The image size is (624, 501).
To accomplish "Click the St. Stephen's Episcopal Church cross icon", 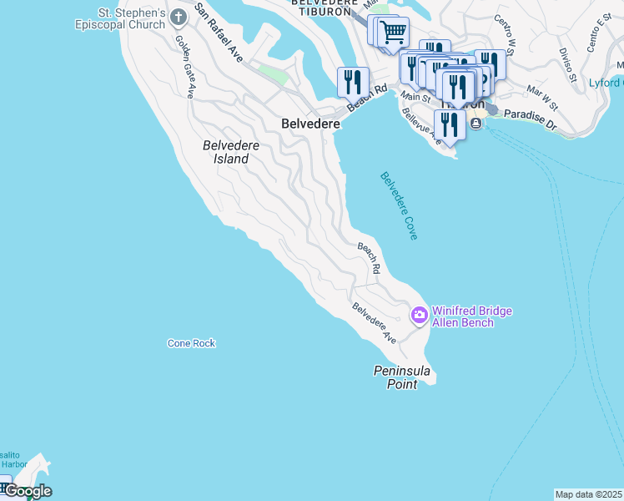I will (179, 16).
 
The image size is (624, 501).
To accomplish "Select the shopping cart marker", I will (393, 33).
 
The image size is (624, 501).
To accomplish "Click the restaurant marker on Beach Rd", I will (353, 82).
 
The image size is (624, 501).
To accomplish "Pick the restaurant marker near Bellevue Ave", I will (450, 125).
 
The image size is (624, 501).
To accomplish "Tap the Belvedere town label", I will (310, 123).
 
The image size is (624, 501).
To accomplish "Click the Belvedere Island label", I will (231, 152).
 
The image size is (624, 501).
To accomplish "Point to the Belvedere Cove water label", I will (399, 205).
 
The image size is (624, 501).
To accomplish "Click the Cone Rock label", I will (191, 343).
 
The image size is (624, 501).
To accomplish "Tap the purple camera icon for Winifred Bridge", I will (419, 316).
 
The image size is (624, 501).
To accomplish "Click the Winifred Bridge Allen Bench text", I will (471, 316).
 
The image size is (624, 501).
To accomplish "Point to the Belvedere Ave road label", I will (375, 323).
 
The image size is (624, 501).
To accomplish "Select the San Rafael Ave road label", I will (219, 33).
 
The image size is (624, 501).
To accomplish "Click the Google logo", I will (28, 491).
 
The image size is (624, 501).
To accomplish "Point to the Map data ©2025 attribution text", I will (589, 494).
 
